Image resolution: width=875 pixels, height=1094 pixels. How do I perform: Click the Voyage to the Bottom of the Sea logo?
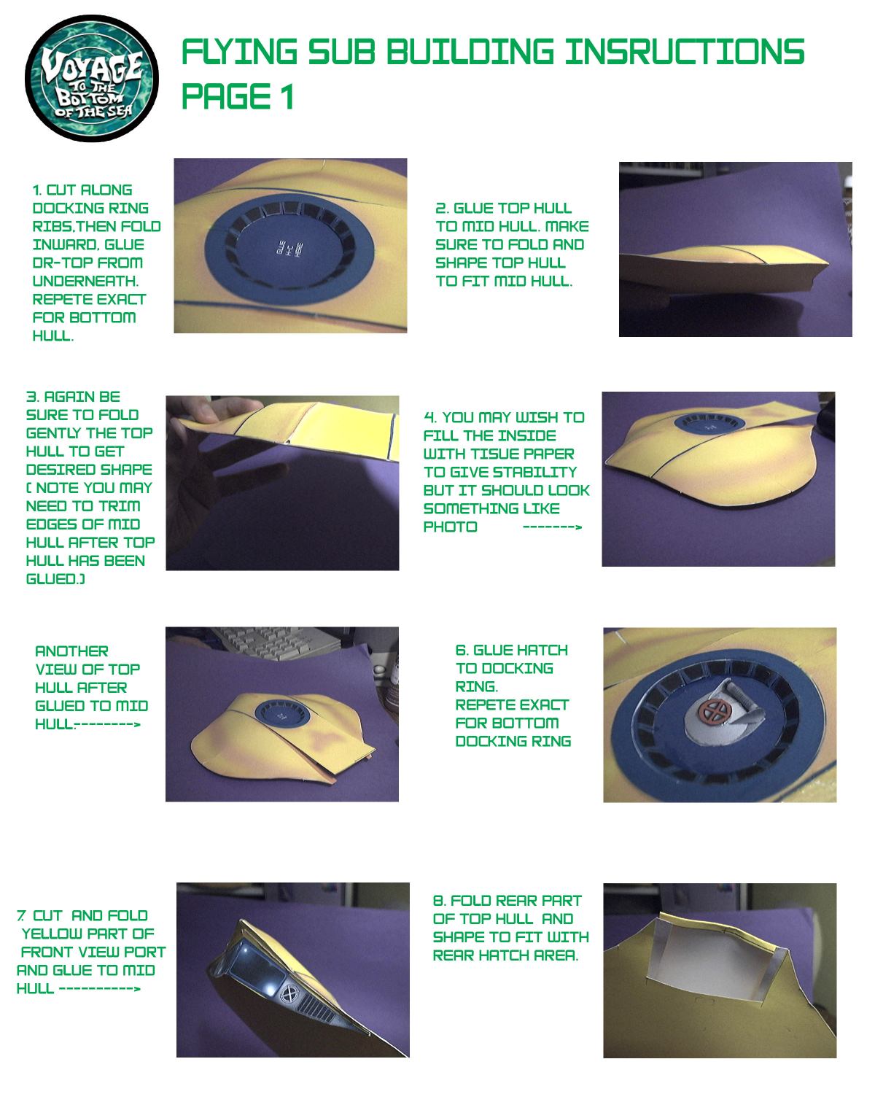tap(92, 78)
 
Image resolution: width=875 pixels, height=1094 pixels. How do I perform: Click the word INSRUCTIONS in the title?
tap(685, 52)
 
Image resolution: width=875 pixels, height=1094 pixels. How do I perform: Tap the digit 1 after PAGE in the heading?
tap(288, 96)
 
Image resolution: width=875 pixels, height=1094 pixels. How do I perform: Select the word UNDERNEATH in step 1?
tap(85, 281)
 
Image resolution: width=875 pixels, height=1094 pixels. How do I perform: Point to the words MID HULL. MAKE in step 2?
tap(525, 226)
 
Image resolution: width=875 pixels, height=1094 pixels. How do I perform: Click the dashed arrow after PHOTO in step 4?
tap(552, 527)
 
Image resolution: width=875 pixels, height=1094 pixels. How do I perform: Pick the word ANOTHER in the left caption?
tap(71, 651)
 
